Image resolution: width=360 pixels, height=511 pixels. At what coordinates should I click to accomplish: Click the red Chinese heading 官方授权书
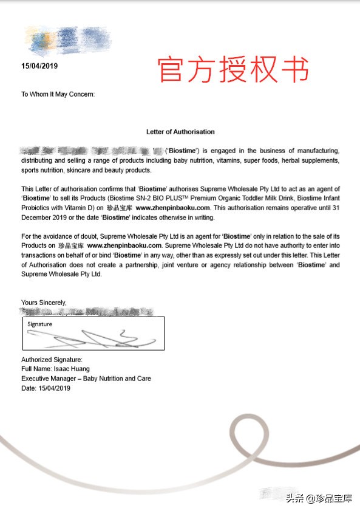233,69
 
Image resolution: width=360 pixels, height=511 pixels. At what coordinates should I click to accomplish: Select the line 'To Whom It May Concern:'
58,94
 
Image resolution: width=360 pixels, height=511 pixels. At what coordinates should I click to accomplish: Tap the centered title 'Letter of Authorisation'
180,131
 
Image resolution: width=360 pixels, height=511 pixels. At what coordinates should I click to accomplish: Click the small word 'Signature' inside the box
39,324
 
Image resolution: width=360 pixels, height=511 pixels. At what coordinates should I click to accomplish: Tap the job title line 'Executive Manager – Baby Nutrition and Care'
86,379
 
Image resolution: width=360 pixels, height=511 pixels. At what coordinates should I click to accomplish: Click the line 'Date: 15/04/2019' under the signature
46,388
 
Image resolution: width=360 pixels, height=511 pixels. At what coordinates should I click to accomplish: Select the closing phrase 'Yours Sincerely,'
44,302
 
